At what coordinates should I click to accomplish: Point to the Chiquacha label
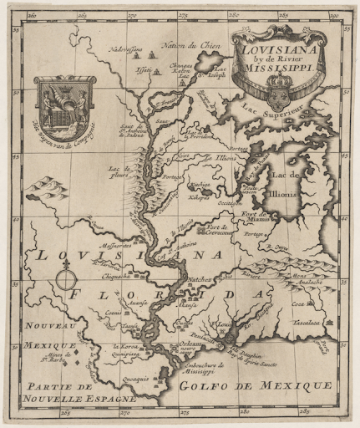click(115, 273)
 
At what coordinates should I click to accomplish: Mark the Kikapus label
click(199, 198)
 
